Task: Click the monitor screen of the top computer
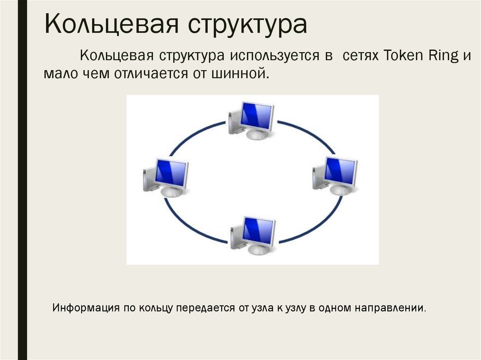click(x=256, y=116)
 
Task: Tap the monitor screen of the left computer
click(x=171, y=172)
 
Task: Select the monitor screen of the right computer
click(x=341, y=170)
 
